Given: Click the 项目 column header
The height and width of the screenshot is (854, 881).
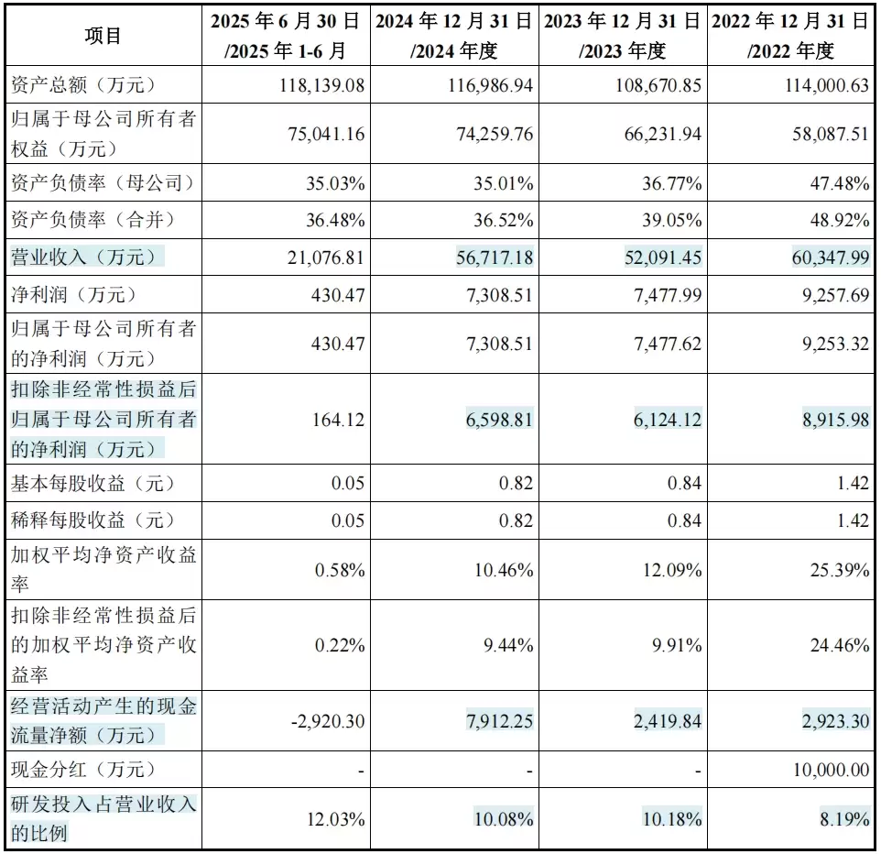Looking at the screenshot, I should coord(103,36).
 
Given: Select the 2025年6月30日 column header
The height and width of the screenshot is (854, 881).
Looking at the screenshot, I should coord(285,36).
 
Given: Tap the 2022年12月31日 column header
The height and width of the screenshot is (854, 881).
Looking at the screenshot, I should coord(791,36).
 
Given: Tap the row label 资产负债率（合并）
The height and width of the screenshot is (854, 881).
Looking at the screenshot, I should coord(103,220).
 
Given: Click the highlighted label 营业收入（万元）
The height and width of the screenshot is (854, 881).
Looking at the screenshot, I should coord(87,257).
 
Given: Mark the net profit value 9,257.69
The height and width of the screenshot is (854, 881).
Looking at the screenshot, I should coord(826,295).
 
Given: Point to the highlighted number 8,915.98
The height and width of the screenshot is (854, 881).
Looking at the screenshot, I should coord(826,420).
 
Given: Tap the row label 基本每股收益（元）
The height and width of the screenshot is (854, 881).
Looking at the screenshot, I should coord(92,482).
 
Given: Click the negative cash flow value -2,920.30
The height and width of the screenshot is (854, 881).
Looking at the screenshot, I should coord(327,721).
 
